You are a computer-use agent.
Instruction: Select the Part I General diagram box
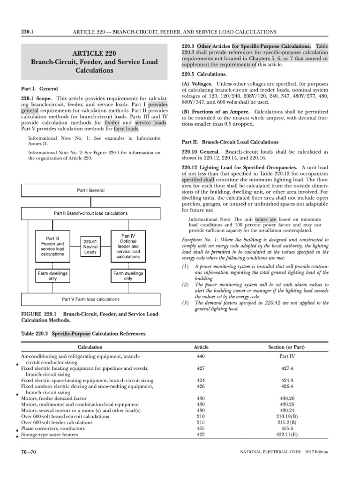click(x=90, y=191)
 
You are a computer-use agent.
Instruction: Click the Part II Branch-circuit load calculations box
click(x=90, y=213)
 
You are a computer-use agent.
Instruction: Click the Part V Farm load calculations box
click(x=90, y=299)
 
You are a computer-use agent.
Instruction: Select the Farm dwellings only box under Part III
click(x=53, y=275)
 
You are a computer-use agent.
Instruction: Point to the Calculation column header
click(x=90, y=347)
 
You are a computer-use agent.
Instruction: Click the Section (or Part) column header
click(x=286, y=347)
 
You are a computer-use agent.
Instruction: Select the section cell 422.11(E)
click(x=286, y=435)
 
